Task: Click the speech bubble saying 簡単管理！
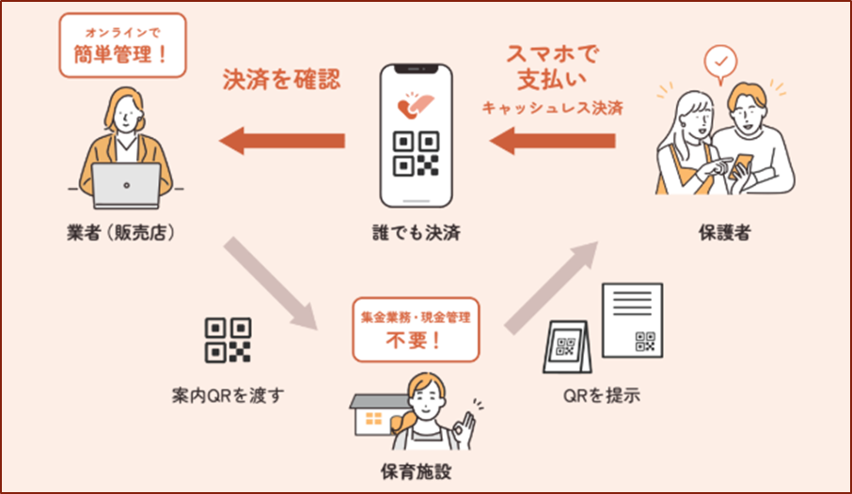(x=123, y=46)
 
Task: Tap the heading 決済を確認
(x=281, y=79)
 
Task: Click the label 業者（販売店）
(x=121, y=232)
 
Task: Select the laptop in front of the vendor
(x=126, y=186)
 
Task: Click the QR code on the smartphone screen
(x=417, y=154)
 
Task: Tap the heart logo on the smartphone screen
(x=415, y=105)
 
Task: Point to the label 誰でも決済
(x=417, y=233)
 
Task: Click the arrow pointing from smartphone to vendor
(x=282, y=141)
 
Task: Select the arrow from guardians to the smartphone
(x=553, y=141)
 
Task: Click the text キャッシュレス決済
(x=553, y=107)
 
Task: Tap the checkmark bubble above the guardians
(x=720, y=64)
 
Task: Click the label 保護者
(x=725, y=233)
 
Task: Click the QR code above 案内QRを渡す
(x=228, y=340)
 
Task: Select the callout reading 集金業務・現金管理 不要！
(x=417, y=330)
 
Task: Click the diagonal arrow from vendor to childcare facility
(x=271, y=284)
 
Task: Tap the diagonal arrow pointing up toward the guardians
(x=551, y=287)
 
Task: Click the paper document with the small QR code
(x=633, y=320)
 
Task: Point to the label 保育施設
(x=417, y=471)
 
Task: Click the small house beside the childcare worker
(x=376, y=415)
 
